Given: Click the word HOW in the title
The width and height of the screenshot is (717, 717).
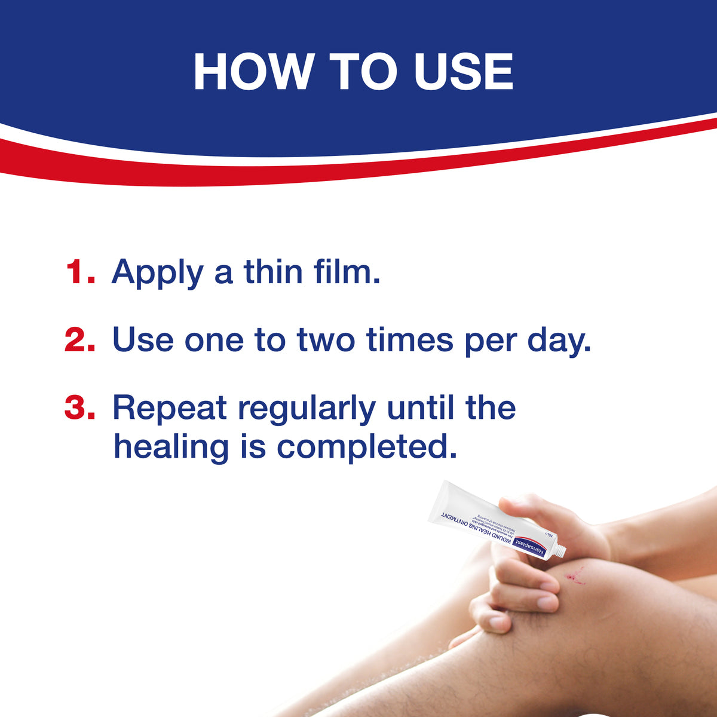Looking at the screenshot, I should [x=252, y=72].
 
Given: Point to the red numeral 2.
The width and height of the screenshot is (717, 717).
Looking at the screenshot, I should [x=80, y=339].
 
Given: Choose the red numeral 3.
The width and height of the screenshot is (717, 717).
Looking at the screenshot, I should [x=80, y=407].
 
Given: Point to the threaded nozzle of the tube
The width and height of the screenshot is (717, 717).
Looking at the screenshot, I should [x=559, y=551].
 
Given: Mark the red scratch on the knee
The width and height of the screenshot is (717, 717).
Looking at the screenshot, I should [x=576, y=577].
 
